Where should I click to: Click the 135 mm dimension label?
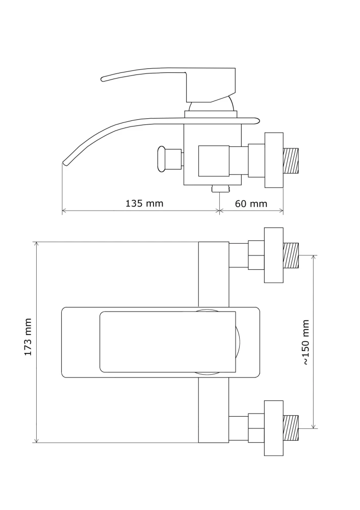pos(144,203)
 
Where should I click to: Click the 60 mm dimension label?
pos(251,203)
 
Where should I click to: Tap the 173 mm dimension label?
pos(28,337)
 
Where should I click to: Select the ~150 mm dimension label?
pos(305,342)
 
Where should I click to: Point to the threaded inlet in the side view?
pos(291,160)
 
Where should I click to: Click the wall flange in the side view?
pos(274,160)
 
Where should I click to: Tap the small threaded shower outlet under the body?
pos(220,188)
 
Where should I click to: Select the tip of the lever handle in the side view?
pos(103,79)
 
